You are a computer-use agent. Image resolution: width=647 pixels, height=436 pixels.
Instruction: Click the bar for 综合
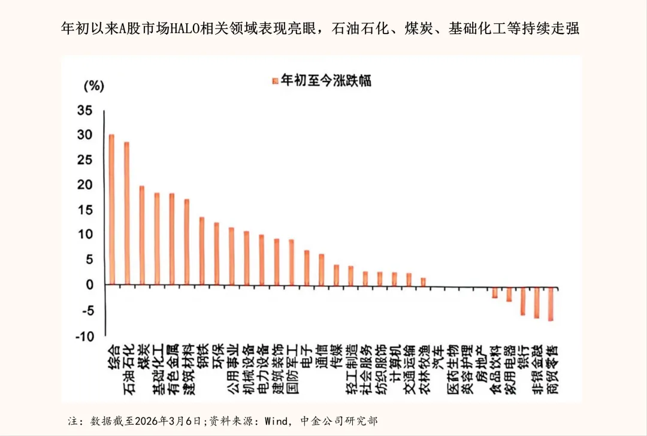point(112,210)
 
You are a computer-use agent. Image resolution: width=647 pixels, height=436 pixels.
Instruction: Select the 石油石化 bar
point(127,213)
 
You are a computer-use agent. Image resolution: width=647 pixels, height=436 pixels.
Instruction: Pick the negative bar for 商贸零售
point(550,302)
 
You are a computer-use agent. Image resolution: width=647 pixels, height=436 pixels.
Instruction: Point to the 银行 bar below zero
point(522,299)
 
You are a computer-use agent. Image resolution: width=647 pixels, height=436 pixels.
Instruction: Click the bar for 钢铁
point(202,251)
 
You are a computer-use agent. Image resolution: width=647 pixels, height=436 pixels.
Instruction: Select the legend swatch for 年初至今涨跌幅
point(276,80)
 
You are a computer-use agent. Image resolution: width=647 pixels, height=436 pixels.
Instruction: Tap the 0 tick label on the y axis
point(89,285)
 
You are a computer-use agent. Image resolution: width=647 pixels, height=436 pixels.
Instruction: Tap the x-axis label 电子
point(307,358)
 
